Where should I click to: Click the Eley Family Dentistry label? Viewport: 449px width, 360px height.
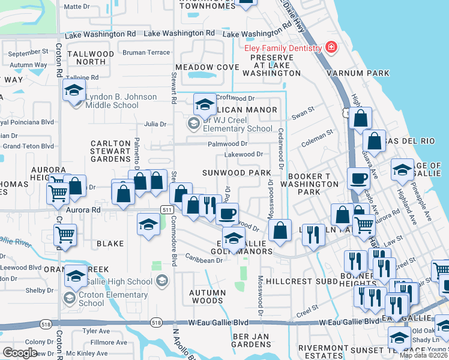(282, 48)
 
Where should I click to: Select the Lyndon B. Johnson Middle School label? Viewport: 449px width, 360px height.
(121, 101)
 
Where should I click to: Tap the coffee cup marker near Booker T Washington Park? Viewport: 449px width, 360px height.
(358, 178)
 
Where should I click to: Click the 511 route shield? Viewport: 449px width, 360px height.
(167, 208)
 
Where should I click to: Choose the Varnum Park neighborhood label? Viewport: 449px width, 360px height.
(358, 73)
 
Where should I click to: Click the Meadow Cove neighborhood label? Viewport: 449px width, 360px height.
(203, 67)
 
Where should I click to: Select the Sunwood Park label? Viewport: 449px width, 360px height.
(237, 173)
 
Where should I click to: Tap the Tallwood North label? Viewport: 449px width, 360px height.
(91, 58)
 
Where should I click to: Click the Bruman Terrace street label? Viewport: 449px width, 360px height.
(146, 52)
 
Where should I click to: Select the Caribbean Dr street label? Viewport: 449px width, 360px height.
(203, 260)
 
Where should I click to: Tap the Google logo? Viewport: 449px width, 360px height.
(20, 353)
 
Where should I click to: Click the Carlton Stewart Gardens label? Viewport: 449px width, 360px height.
(110, 151)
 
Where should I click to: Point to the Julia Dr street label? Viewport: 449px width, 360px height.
(155, 124)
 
